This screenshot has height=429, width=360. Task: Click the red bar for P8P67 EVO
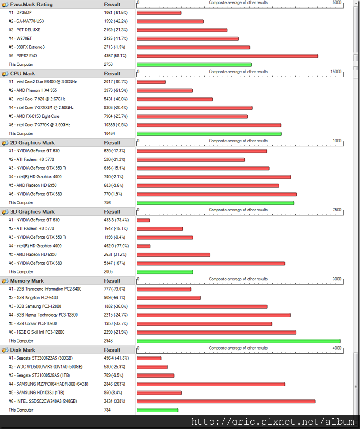(227, 56)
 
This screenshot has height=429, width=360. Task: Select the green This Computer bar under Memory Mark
(239, 341)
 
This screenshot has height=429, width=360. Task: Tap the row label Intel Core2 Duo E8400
(43, 82)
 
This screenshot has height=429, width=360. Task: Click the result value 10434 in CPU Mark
(109, 133)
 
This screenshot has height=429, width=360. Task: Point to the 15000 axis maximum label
(336, 71)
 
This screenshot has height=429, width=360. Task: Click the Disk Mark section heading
(22, 350)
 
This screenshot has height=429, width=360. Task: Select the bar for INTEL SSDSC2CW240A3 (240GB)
(226, 401)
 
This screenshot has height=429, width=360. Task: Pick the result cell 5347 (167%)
(115, 263)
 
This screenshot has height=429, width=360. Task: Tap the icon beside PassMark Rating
(4, 4)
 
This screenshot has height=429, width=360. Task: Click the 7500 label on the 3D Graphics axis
(337, 210)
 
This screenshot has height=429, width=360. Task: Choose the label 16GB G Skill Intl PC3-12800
(36, 332)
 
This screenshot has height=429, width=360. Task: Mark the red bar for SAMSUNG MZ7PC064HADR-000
(211, 384)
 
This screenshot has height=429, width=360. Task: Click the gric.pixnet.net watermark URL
(272, 422)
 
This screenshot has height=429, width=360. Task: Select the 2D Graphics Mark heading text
(32, 142)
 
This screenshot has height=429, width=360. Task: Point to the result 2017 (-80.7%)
(116, 82)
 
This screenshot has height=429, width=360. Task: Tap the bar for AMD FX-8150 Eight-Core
(192, 116)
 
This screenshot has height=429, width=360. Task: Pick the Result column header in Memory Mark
(112, 281)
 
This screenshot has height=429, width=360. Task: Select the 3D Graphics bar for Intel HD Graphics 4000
(144, 246)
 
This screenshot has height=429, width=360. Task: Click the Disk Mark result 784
(107, 410)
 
